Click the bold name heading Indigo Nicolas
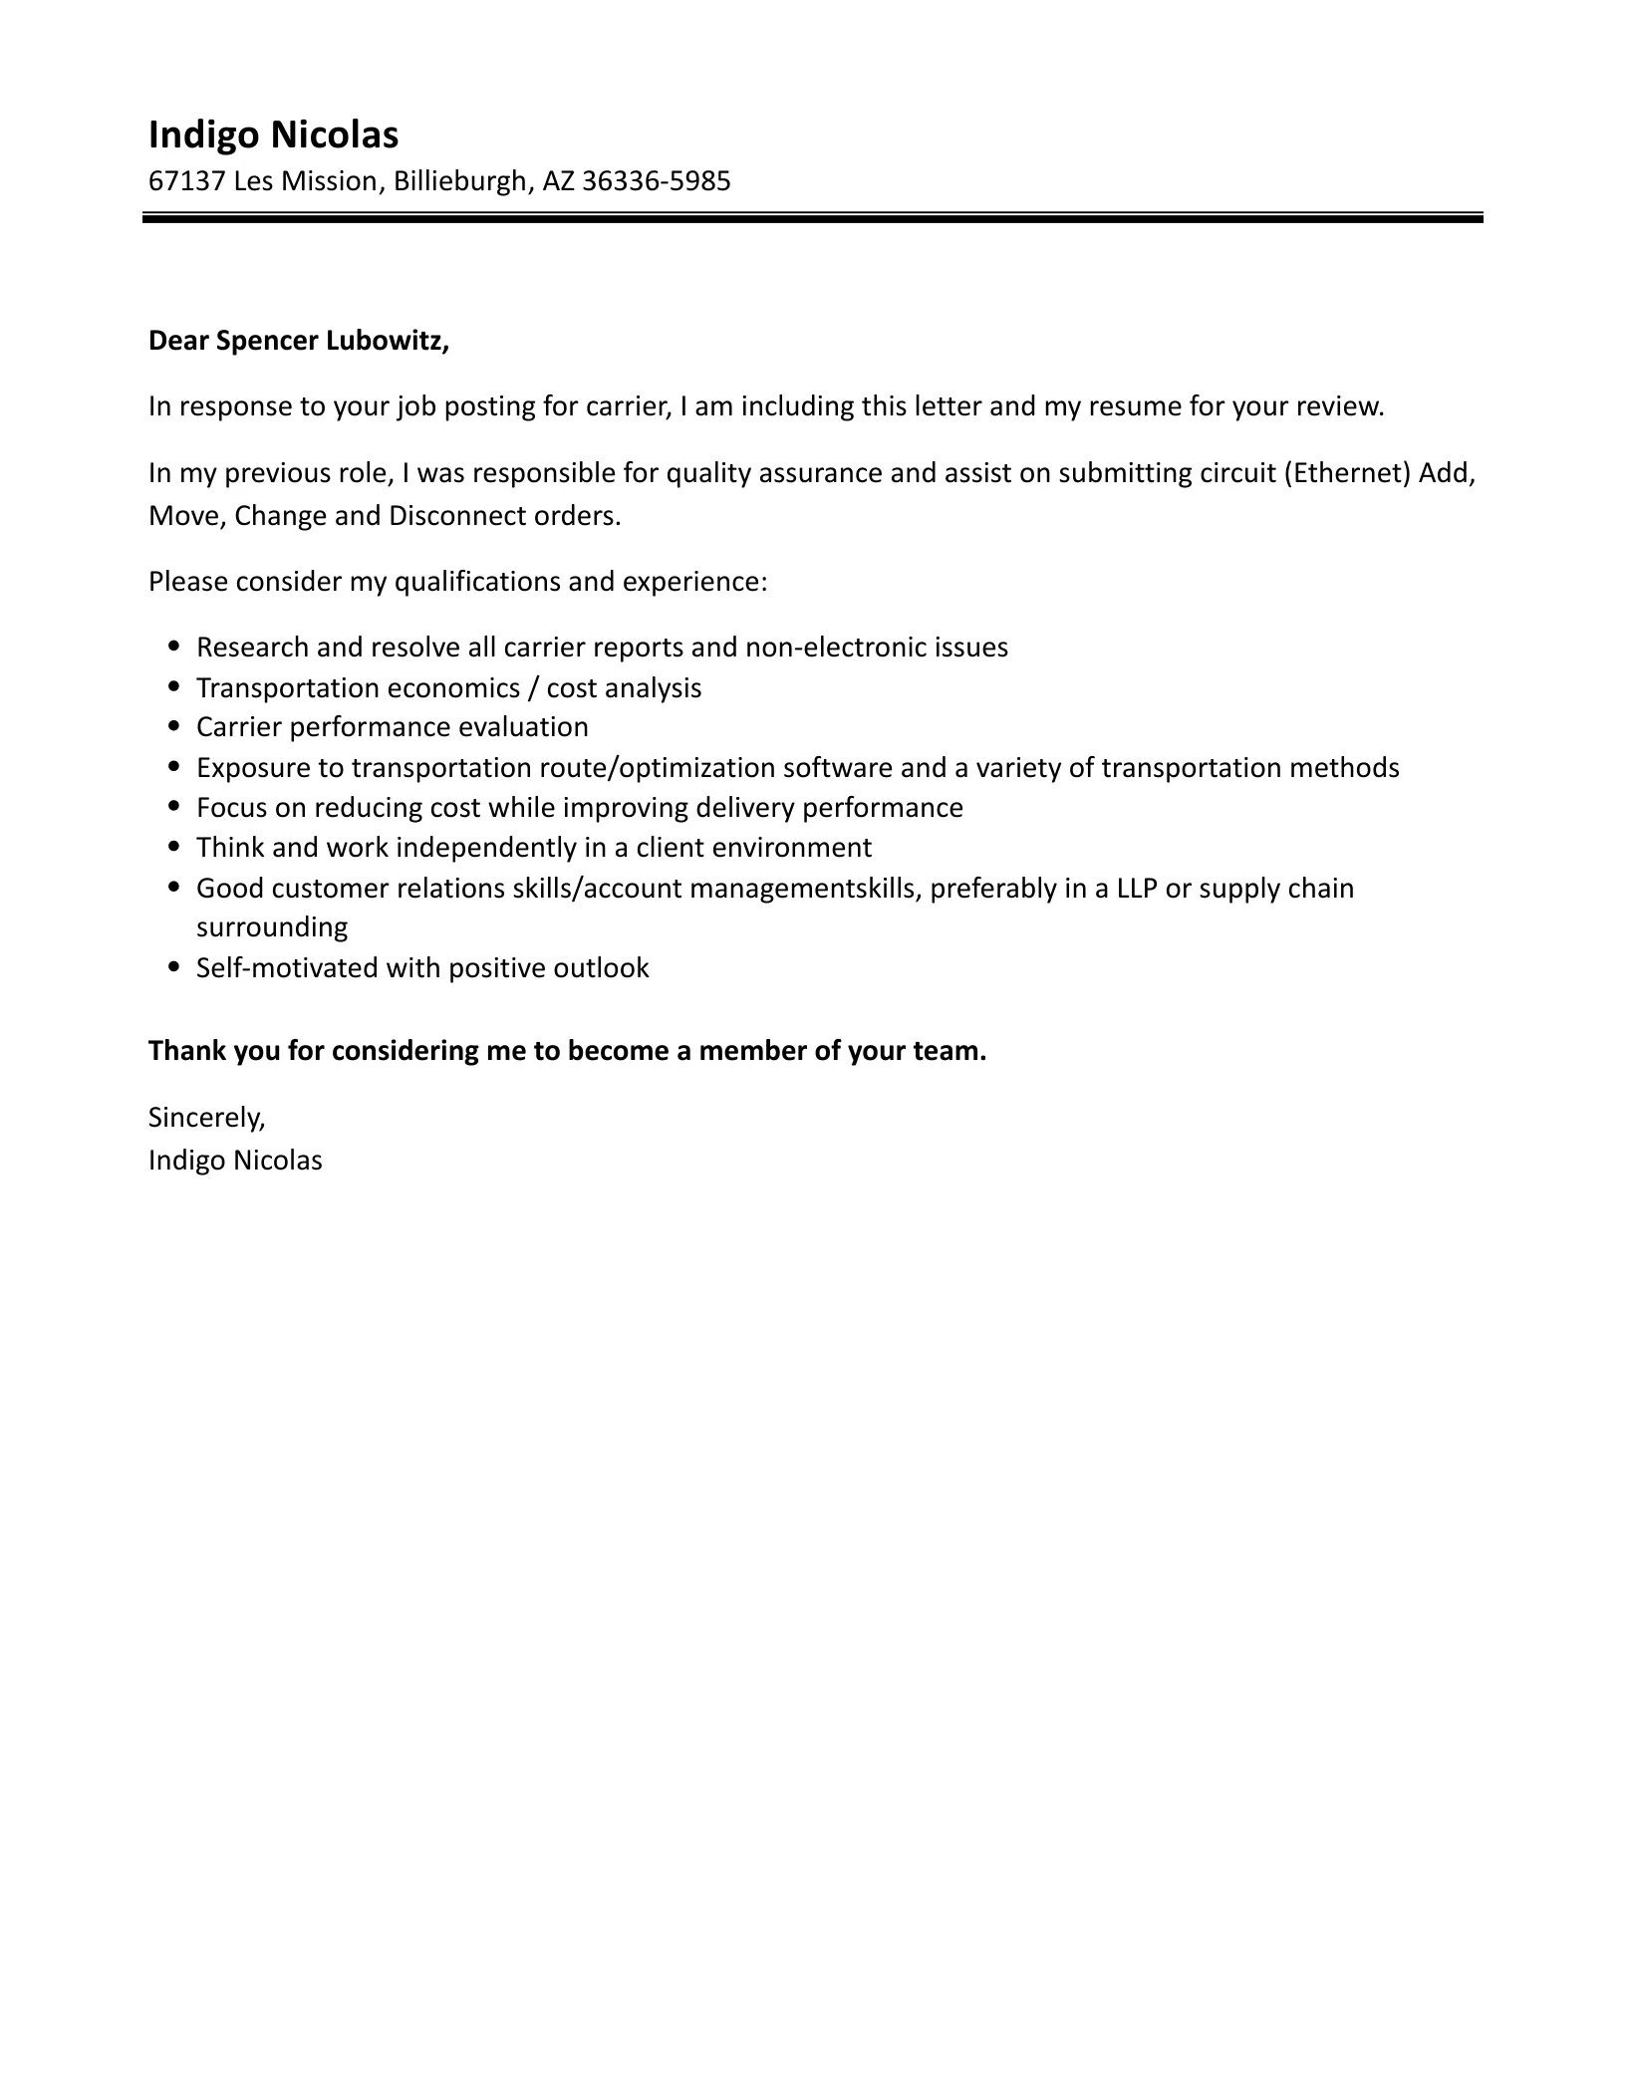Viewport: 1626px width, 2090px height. pos(273,135)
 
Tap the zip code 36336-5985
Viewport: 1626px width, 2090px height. pos(656,181)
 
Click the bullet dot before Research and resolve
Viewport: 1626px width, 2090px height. pos(175,647)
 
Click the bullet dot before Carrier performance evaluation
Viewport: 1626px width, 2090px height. pos(175,727)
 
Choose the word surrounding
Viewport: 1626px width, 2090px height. pos(272,927)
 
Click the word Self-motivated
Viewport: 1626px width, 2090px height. pos(286,968)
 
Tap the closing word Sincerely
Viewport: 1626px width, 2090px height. pos(206,1118)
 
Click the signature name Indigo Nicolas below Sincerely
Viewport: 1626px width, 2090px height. pos(235,1161)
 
